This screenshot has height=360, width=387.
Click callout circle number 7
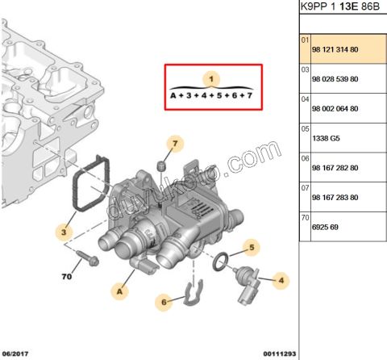pos(173,145)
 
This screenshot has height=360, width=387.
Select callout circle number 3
pos(64,232)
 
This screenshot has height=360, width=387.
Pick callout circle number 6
pos(164,303)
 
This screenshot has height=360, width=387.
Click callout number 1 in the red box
pos(212,78)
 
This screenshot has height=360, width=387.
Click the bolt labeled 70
pos(88,261)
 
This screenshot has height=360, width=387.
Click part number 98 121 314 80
pos(334,49)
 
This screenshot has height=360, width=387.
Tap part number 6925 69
pos(325,228)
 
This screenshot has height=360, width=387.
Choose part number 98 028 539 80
pos(334,79)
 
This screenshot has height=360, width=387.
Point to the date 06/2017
pos(17,354)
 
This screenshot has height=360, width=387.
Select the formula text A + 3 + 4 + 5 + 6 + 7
pos(211,95)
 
